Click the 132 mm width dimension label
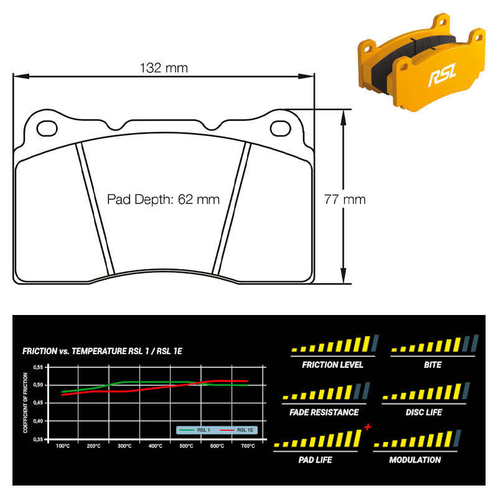[x=164, y=68]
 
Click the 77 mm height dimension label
[x=345, y=199]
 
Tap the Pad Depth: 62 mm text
[x=163, y=199]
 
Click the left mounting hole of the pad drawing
[x=47, y=129]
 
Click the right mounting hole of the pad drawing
[x=281, y=129]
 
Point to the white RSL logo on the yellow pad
[x=443, y=74]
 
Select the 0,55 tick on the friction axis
[x=38, y=367]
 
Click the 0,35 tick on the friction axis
[x=38, y=439]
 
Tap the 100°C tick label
[x=63, y=446]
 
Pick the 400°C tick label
[x=155, y=446]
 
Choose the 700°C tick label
[x=248, y=446]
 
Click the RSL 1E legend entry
[x=237, y=430]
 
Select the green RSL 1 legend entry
[x=195, y=430]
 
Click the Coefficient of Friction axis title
[x=26, y=403]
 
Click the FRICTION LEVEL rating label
[x=332, y=365]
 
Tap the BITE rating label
[x=433, y=365]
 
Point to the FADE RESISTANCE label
[x=324, y=412]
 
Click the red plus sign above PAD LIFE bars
[x=368, y=427]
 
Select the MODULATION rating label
[x=415, y=460]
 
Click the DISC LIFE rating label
[x=424, y=412]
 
